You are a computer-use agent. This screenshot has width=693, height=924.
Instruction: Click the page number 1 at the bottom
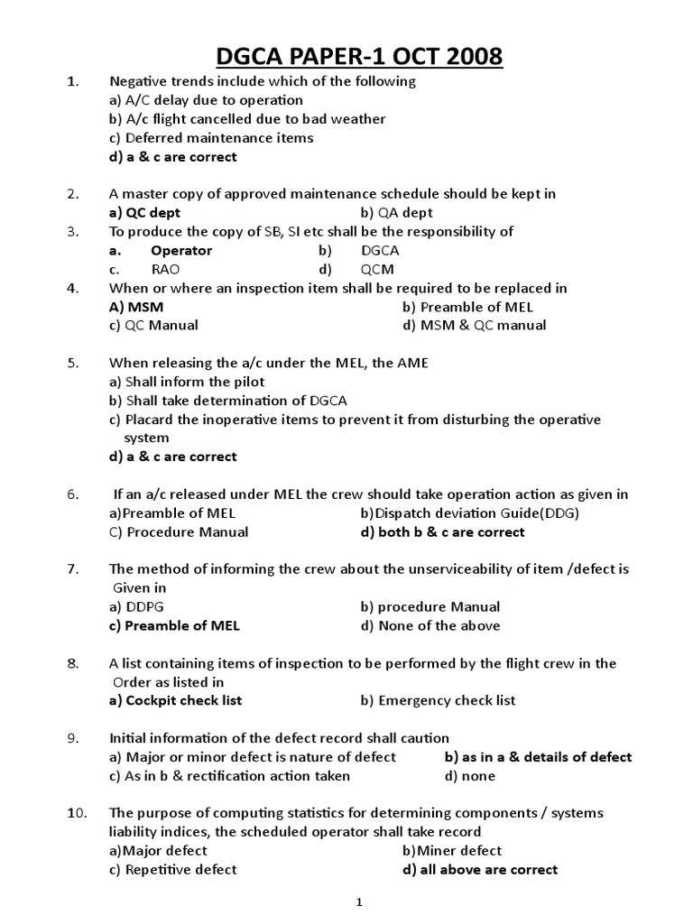(358, 901)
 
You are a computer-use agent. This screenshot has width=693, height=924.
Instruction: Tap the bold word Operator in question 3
(181, 250)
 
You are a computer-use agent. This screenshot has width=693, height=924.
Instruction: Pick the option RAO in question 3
(165, 269)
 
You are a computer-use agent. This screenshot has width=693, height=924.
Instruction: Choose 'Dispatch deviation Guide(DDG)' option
(469, 513)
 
